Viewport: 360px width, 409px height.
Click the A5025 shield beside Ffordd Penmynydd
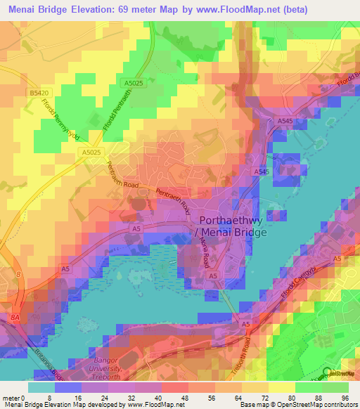[91, 152]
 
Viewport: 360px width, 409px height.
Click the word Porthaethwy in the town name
[224, 219]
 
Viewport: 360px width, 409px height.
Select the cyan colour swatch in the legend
[41, 387]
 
